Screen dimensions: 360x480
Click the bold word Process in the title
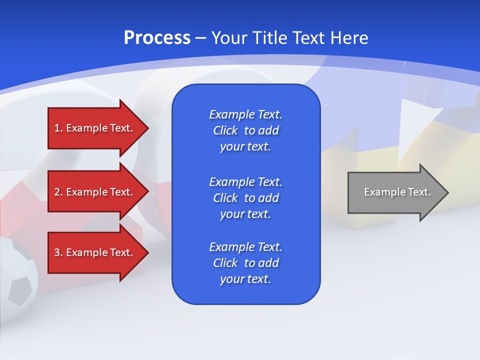(x=157, y=38)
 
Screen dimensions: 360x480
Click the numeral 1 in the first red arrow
(x=57, y=128)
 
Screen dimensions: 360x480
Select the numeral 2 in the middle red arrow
(x=57, y=192)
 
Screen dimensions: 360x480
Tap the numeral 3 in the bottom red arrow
(x=57, y=252)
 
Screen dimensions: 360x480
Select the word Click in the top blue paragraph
(x=225, y=130)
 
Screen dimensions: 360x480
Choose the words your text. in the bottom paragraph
(x=245, y=279)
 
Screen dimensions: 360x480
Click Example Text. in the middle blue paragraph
(x=245, y=181)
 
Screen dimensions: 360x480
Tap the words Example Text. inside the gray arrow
(x=397, y=192)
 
